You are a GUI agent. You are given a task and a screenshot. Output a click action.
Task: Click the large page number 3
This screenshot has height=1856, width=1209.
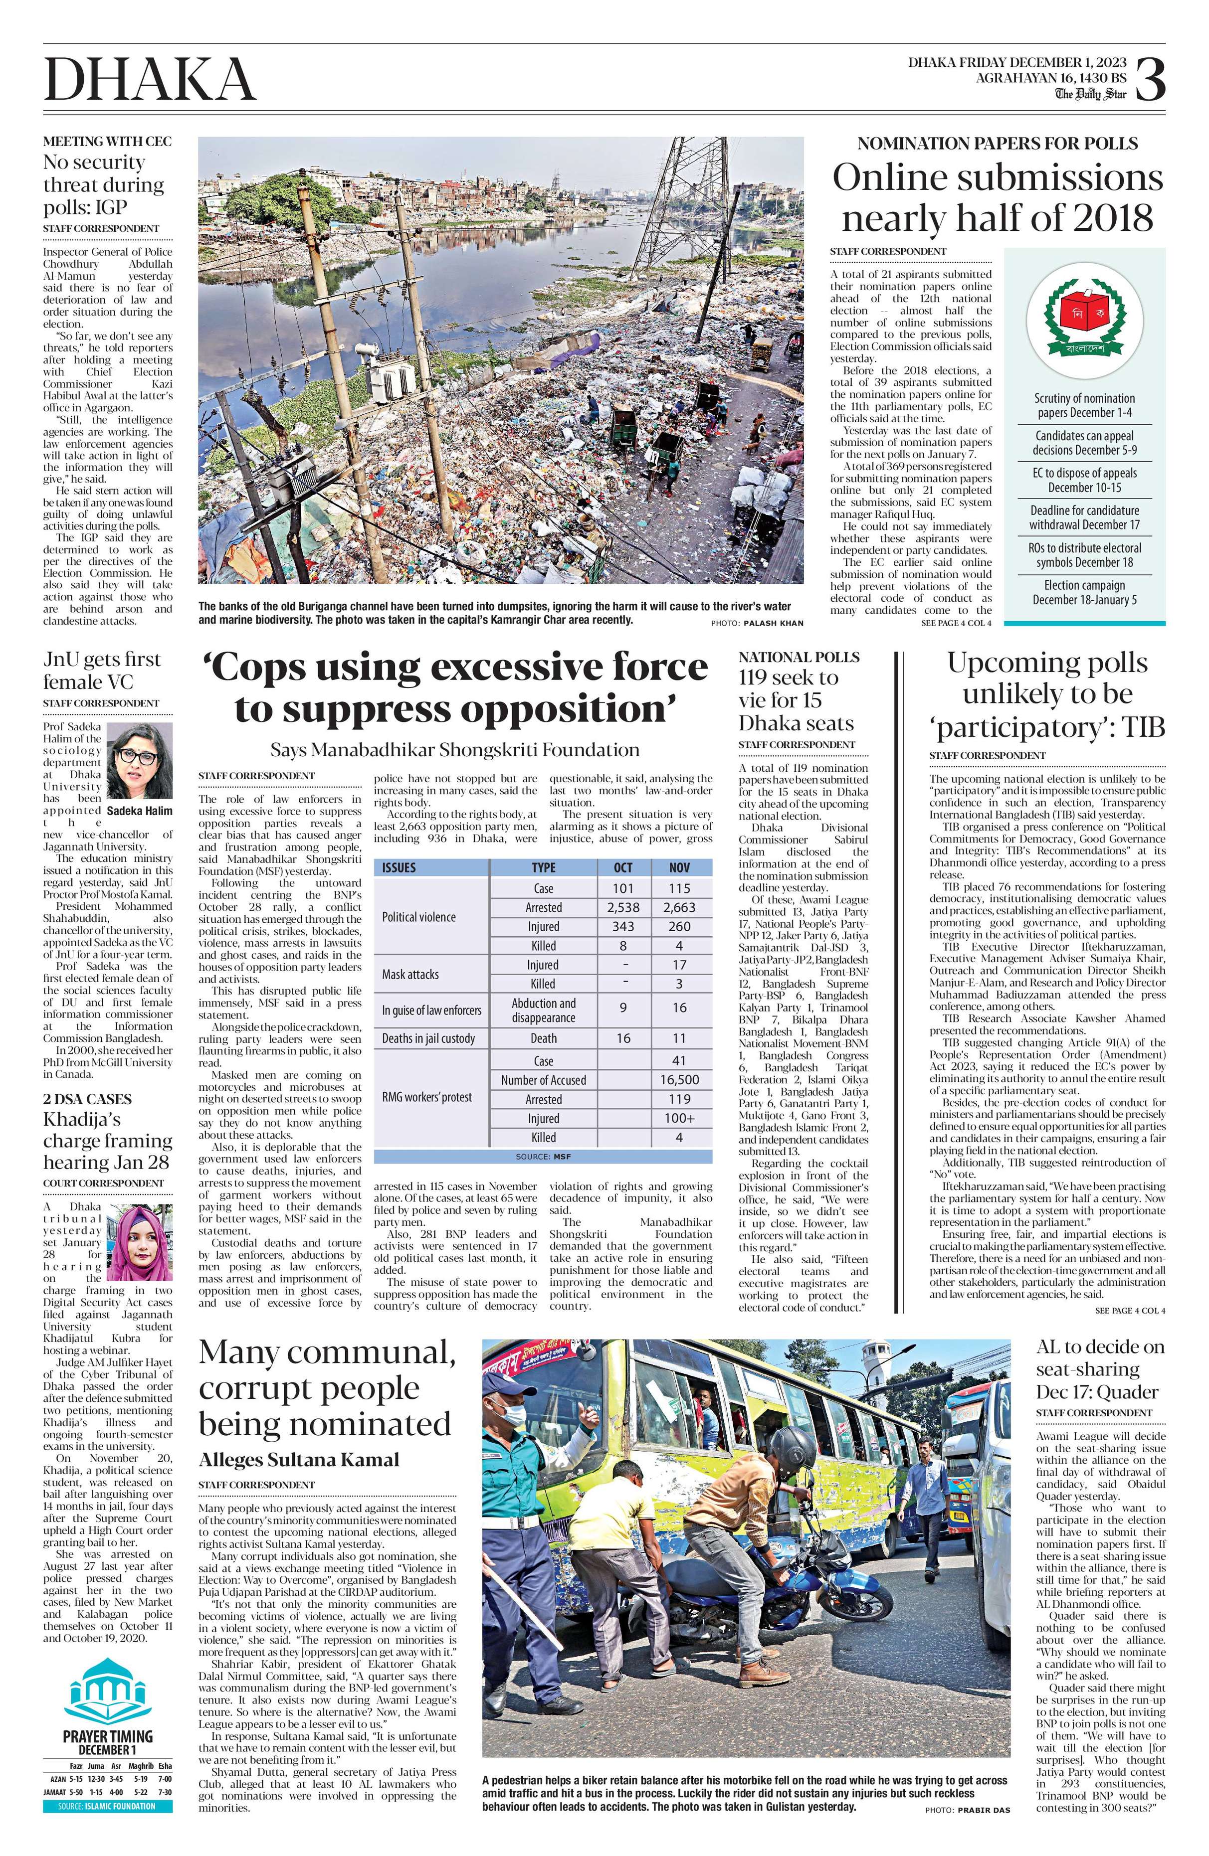1149,80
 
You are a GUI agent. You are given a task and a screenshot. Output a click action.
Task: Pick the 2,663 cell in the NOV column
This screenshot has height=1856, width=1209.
679,907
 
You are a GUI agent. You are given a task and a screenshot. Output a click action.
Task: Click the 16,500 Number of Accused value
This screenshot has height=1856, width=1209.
679,1080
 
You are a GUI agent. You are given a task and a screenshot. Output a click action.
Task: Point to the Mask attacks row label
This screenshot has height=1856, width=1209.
410,974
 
